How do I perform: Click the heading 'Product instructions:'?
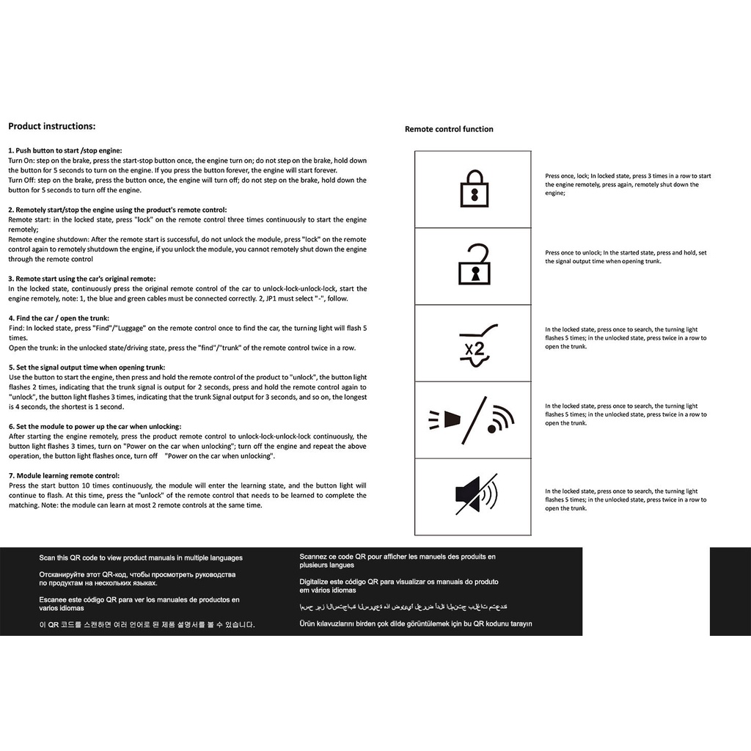[x=51, y=126]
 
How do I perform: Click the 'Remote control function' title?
[x=449, y=129]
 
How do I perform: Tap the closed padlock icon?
[x=474, y=188]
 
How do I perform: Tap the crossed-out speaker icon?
[x=475, y=495]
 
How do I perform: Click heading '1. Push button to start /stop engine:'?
[x=65, y=150]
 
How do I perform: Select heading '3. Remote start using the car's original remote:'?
[x=82, y=279]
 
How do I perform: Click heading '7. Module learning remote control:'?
[x=64, y=475]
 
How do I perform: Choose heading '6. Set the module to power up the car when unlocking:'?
[x=95, y=426]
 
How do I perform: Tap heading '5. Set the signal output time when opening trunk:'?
[x=87, y=367]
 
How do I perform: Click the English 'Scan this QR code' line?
[x=141, y=558]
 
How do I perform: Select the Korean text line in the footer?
[x=147, y=625]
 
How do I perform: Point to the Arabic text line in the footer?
[x=403, y=607]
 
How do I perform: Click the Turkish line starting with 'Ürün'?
[x=416, y=624]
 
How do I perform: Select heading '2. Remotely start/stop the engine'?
[x=117, y=210]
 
